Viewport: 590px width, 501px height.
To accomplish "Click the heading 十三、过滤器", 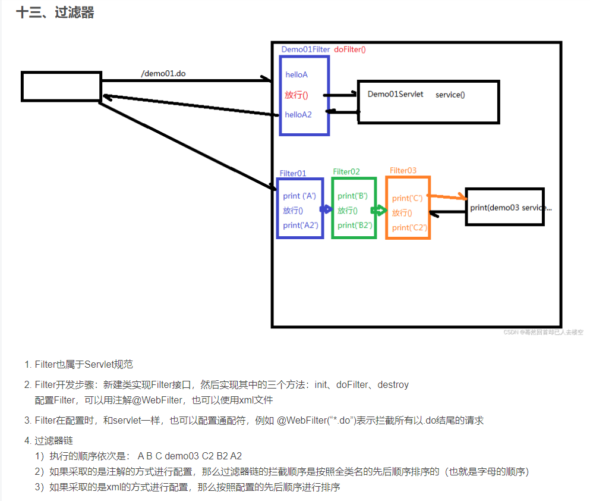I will point(55,12).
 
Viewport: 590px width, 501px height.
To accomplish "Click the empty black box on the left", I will point(61,86).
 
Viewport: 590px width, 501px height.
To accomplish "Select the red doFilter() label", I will point(350,49).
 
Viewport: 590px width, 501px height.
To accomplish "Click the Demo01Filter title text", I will point(305,49).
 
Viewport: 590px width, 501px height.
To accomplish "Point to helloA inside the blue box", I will point(296,75).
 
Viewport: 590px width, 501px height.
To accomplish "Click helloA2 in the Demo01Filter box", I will point(298,114).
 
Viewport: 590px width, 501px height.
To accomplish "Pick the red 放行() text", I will point(296,95).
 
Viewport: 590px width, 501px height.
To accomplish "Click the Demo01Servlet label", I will point(395,94).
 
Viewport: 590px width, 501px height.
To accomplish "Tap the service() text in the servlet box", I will point(450,95).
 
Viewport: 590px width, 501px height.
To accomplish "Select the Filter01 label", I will point(293,173).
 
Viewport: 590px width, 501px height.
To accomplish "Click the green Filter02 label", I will point(346,171).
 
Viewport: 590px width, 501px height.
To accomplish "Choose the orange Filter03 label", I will point(403,170).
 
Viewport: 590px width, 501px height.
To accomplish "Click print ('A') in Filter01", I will point(299,196).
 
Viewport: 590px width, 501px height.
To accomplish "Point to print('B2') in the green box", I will point(355,225).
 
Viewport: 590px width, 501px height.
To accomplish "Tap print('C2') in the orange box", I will point(409,227).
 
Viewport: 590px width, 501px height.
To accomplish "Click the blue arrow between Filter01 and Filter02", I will point(326,209).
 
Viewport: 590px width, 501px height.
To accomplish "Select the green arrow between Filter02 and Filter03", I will point(378,210).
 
